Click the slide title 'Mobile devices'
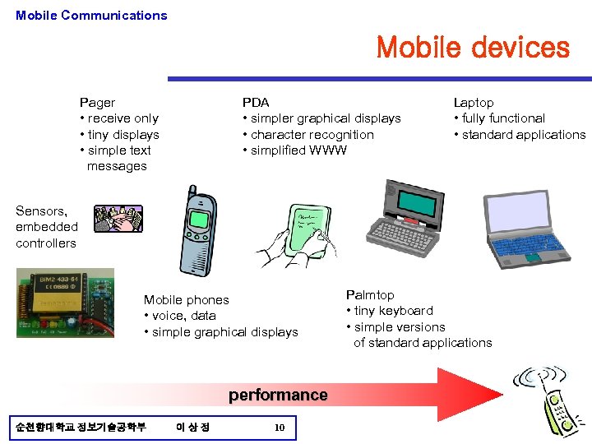coord(472,48)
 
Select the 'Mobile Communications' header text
coord(91,15)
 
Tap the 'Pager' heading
coord(97,103)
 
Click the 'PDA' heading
coord(255,103)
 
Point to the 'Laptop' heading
coord(474,103)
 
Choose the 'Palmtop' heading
coord(370,295)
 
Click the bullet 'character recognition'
coord(312,135)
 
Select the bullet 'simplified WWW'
coord(298,150)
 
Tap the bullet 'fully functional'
coord(503,118)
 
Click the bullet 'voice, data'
coord(183,316)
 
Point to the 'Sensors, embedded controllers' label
coord(47,227)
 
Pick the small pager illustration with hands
coord(118,219)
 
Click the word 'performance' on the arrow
coord(278,395)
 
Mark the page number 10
coord(280,428)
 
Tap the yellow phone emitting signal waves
coord(557,409)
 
